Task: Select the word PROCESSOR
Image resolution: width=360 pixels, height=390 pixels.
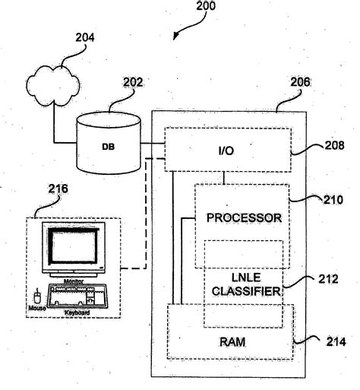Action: tap(244, 217)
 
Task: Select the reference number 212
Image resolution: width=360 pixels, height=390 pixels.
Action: tap(328, 279)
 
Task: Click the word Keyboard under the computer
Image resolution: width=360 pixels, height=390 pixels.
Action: tap(77, 312)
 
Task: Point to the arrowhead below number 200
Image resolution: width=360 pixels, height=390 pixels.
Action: tap(175, 34)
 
